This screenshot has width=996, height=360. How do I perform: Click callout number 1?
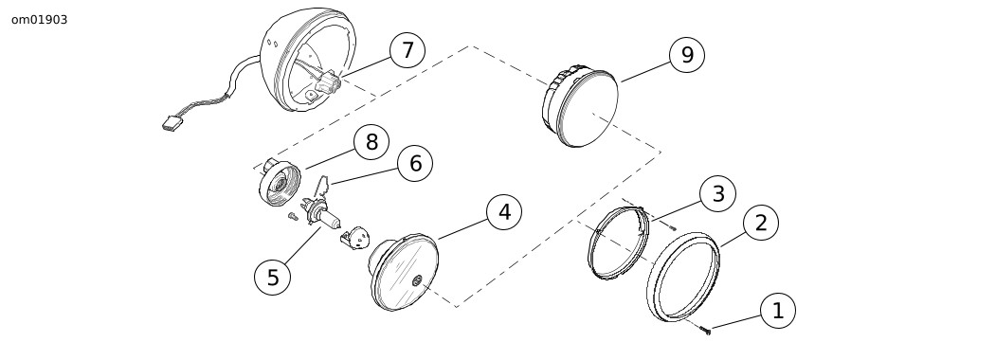(777, 311)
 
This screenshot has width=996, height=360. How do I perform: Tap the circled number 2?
(760, 223)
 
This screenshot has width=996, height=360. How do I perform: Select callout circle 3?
(717, 193)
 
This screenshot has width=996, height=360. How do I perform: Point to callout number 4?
(504, 212)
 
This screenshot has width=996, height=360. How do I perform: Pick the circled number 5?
(273, 278)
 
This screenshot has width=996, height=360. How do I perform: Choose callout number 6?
(415, 164)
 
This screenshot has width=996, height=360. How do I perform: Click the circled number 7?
(407, 50)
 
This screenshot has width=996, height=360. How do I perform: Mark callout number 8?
(371, 142)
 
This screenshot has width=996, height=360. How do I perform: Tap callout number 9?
(687, 55)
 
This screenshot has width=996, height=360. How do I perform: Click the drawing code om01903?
(40, 20)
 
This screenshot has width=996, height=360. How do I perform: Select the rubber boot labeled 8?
(279, 182)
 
